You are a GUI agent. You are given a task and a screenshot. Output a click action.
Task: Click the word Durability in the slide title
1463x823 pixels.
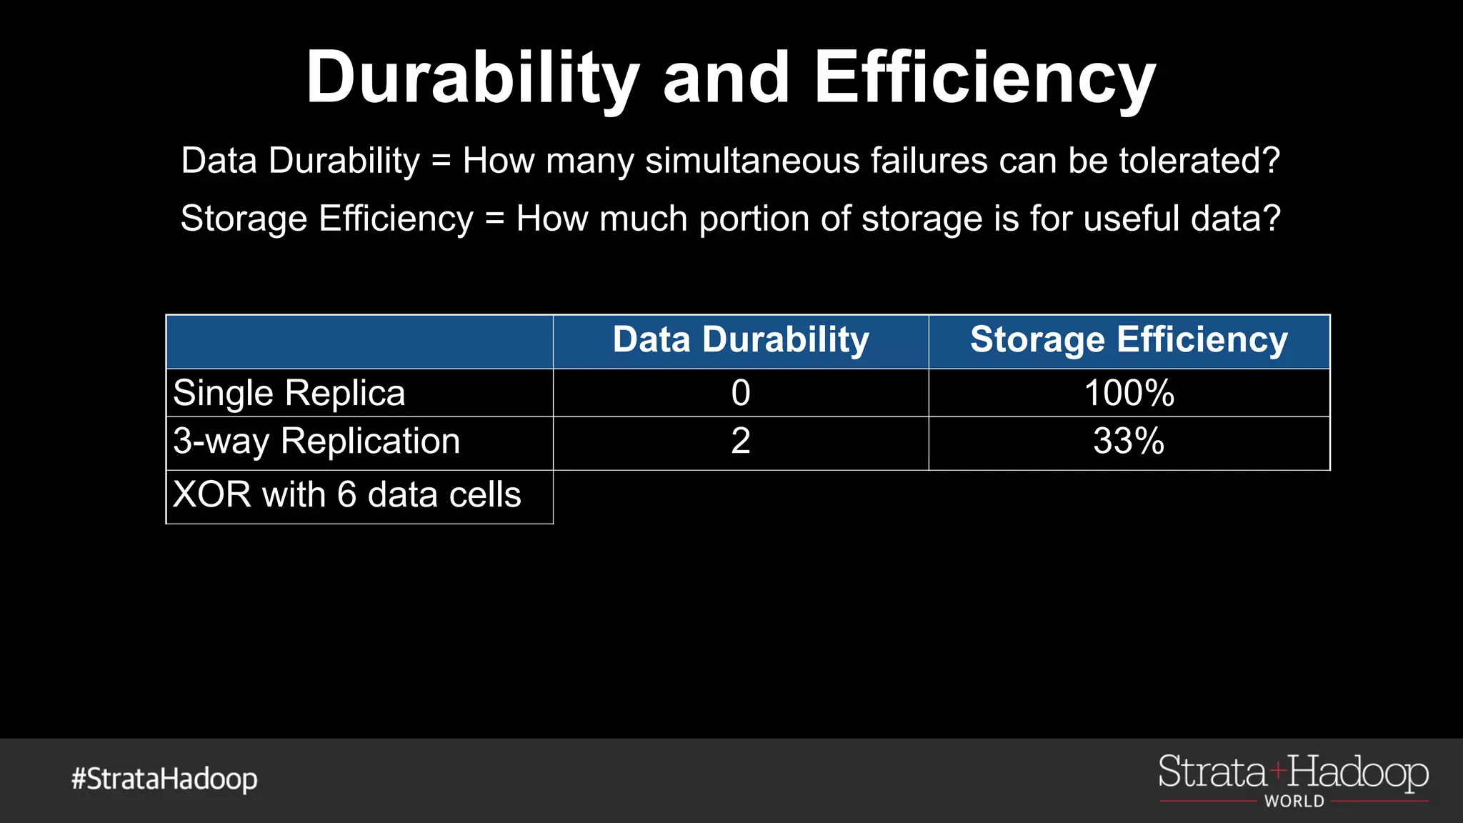(471, 79)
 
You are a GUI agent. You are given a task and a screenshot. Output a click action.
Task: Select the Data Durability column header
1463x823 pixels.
(741, 340)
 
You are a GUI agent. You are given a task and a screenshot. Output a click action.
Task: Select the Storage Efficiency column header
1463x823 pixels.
(1129, 340)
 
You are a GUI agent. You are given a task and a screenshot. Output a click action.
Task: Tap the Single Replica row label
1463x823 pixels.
(289, 393)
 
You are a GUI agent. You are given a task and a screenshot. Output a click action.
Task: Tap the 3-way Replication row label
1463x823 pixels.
(316, 441)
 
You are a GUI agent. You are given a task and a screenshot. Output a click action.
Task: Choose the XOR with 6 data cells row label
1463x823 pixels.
(347, 494)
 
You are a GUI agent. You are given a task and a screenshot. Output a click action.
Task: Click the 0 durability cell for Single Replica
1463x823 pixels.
(741, 393)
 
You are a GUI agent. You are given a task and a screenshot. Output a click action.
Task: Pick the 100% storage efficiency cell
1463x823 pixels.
(1129, 393)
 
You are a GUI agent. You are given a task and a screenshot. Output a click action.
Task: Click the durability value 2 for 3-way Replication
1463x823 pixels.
(741, 441)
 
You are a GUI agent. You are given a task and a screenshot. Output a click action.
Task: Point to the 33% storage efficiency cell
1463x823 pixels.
(1129, 441)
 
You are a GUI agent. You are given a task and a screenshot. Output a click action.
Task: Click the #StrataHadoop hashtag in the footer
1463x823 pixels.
(164, 779)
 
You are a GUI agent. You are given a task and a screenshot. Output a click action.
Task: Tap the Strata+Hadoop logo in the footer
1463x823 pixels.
(1293, 773)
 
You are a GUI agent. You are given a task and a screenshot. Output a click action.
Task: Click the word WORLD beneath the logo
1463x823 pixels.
(1294, 802)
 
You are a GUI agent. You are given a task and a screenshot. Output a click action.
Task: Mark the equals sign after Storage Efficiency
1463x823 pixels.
(494, 219)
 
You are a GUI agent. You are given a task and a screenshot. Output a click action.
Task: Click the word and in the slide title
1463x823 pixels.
(726, 79)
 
